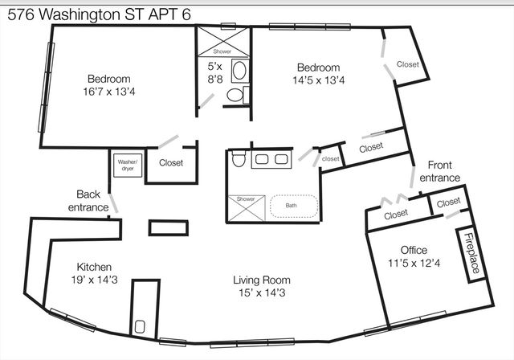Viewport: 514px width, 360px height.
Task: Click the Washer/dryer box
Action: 128,166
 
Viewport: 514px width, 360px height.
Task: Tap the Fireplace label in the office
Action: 472,253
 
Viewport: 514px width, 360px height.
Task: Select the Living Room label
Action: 262,280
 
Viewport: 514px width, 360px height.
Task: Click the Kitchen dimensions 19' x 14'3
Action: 95,280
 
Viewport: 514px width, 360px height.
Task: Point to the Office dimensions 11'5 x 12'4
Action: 414,263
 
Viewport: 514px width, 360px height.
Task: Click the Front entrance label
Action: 440,171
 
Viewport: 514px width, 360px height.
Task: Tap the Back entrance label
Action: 88,201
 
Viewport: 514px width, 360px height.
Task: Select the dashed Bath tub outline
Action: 294,207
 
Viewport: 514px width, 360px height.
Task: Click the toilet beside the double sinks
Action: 239,158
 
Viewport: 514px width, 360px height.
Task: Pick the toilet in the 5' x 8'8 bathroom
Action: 235,95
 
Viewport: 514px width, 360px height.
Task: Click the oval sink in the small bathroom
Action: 239,69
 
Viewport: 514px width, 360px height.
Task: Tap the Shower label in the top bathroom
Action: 222,51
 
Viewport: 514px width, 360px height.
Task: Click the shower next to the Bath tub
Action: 247,208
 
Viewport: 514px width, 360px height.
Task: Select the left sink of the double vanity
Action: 262,159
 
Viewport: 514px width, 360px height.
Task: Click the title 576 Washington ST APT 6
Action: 99,14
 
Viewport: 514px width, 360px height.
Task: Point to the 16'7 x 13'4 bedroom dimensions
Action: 109,92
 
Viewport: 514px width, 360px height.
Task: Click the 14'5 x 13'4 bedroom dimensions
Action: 319,80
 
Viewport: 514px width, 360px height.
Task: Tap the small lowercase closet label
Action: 330,159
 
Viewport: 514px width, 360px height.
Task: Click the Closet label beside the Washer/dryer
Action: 171,162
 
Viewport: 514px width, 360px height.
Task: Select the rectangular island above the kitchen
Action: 169,228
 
